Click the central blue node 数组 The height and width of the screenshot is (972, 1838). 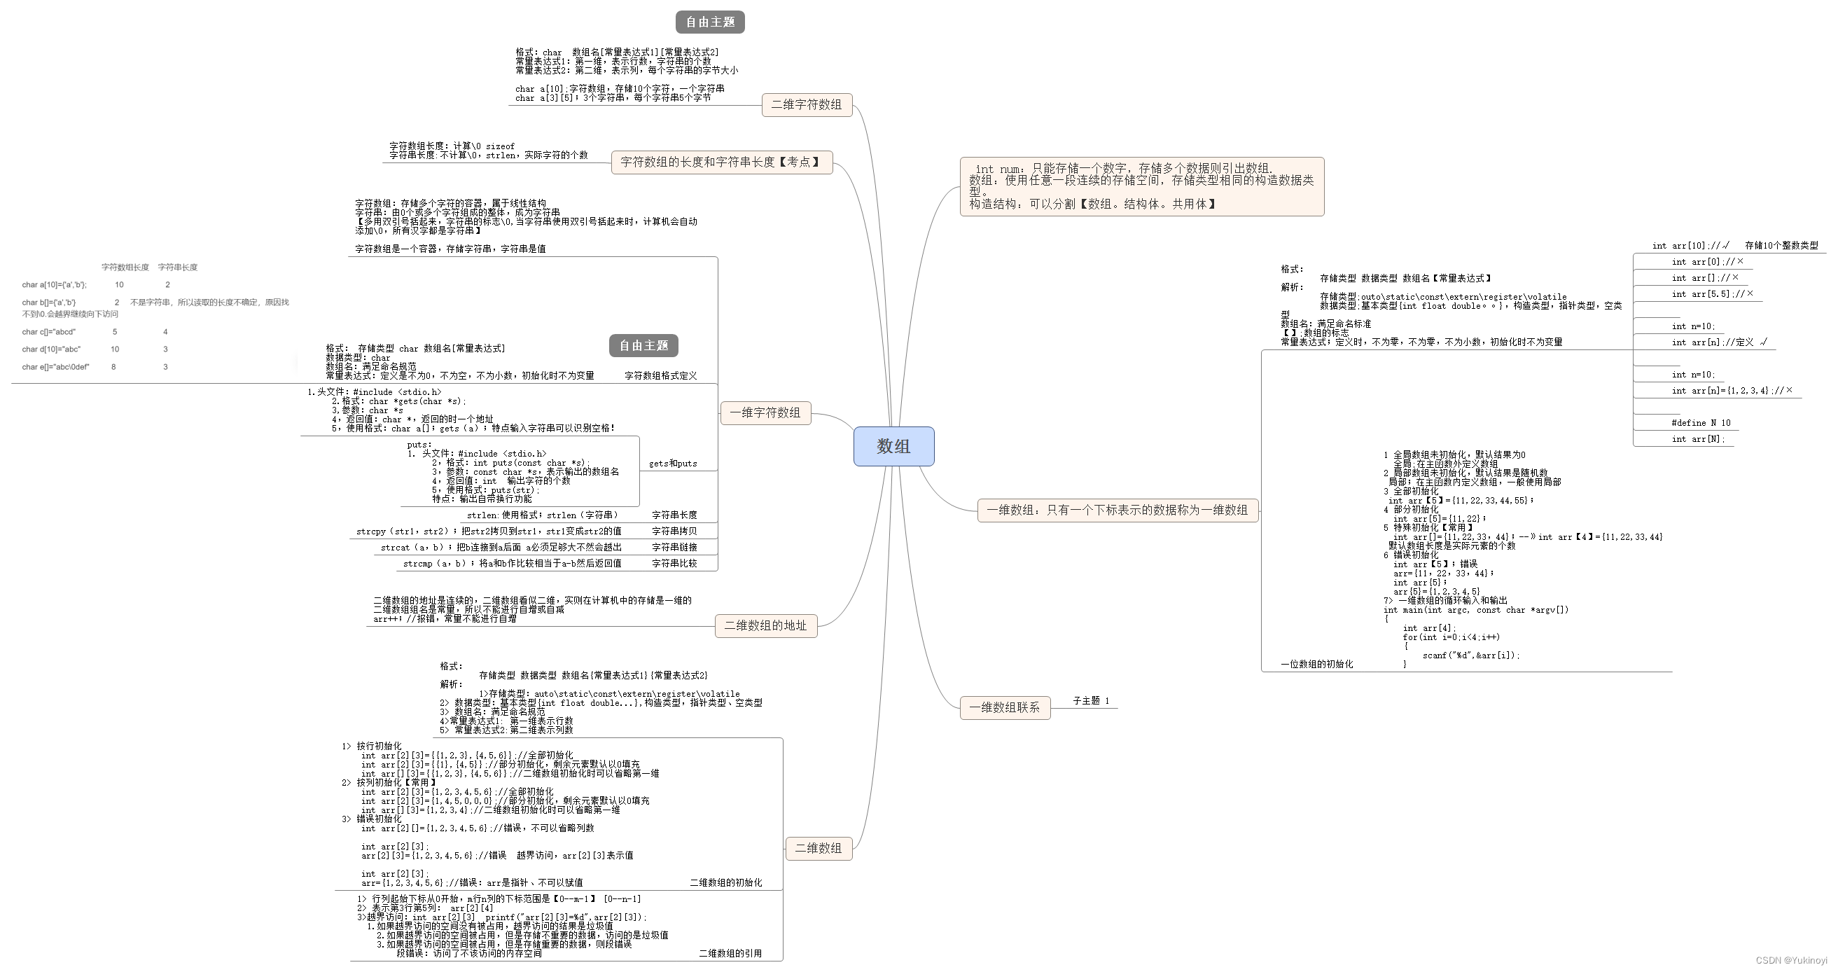[893, 447]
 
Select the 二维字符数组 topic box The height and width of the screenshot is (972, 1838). [806, 105]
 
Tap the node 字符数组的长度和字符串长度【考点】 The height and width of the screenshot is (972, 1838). [721, 162]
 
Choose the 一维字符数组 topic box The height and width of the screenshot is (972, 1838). [765, 412]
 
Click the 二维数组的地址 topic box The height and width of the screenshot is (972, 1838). [765, 626]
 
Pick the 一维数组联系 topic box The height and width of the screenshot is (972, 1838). [1004, 708]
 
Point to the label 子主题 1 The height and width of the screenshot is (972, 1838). [1091, 701]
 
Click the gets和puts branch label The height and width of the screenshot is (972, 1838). [673, 464]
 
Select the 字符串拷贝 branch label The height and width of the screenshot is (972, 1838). [674, 532]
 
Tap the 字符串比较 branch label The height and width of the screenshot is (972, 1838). [674, 564]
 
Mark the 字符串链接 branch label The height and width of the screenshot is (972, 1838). [674, 548]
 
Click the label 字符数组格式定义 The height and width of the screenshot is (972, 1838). [661, 376]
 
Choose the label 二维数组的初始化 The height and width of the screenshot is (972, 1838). [725, 883]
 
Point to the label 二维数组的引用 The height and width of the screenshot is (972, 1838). [730, 954]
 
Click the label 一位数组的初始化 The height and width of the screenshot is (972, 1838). [1316, 665]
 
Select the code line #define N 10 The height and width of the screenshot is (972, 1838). [1700, 423]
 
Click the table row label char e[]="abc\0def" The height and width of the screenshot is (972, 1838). [55, 368]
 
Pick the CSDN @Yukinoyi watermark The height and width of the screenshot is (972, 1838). [1790, 961]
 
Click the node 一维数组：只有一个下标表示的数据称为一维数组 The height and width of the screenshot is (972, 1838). [1117, 511]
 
